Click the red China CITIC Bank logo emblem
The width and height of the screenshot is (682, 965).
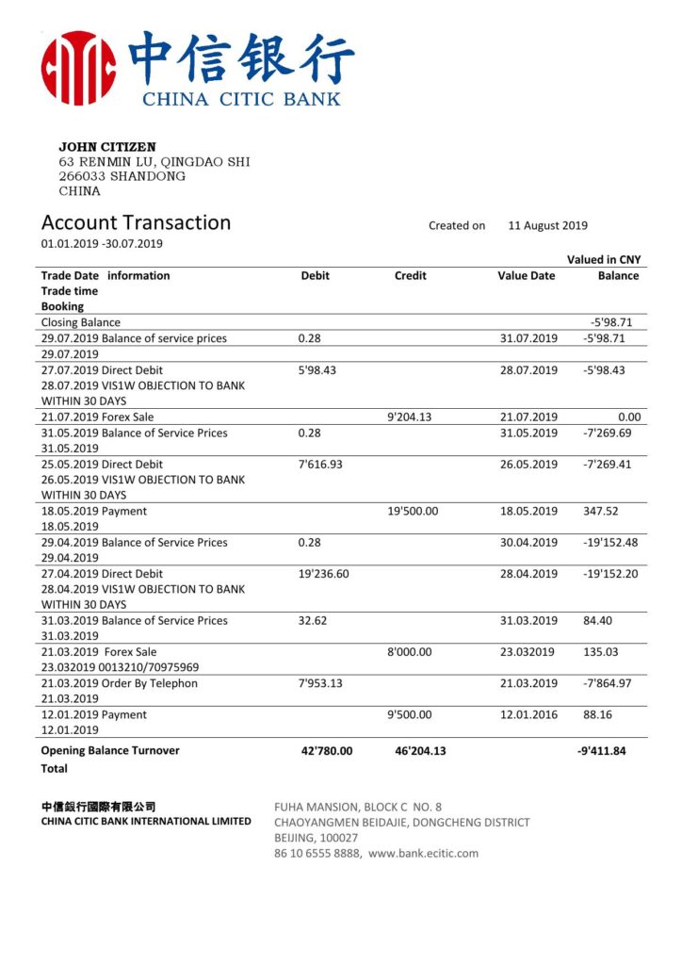(x=79, y=67)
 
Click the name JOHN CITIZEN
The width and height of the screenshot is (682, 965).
(x=107, y=147)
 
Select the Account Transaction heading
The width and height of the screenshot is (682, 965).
(x=136, y=223)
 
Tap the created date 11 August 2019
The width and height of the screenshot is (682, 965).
(x=547, y=226)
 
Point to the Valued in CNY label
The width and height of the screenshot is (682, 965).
(x=603, y=260)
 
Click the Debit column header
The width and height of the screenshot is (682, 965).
(x=315, y=276)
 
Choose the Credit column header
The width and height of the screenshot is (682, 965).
(x=410, y=276)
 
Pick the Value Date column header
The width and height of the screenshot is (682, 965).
(x=526, y=276)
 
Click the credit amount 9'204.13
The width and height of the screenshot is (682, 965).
(x=409, y=417)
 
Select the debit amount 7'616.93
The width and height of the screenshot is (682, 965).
(x=322, y=465)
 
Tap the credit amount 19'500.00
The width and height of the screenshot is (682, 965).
(x=413, y=512)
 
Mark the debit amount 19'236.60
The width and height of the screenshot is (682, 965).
(x=323, y=574)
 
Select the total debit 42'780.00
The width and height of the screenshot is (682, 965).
(x=326, y=751)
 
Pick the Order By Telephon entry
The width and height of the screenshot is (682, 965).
(x=120, y=683)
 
